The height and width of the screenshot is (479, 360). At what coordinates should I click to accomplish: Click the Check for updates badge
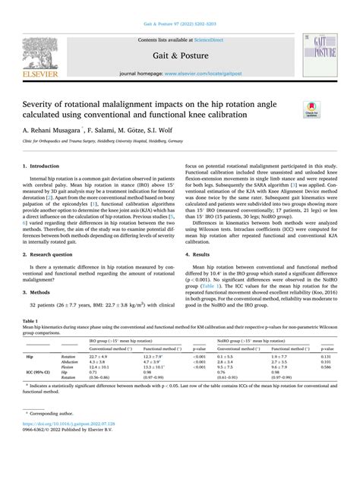pyautogui.click(x=311, y=110)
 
